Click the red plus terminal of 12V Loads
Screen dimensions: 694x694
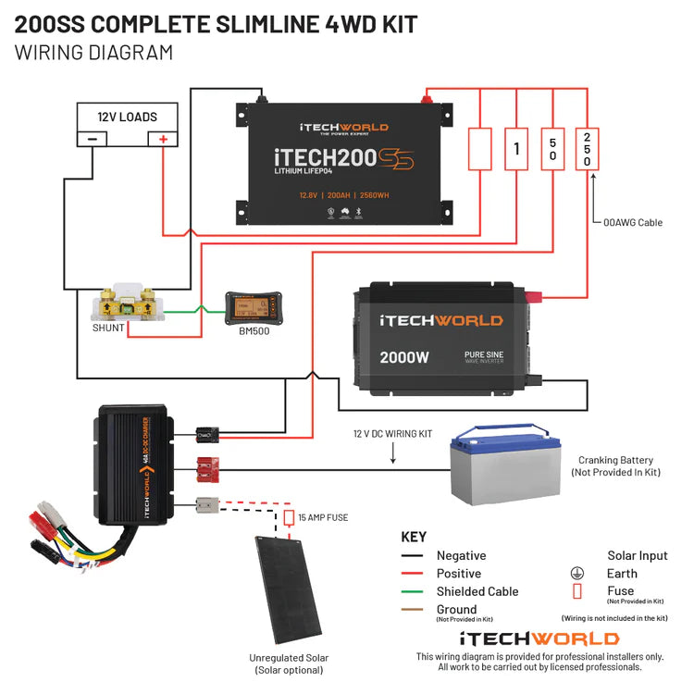(x=164, y=139)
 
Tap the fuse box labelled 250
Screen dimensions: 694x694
(x=587, y=148)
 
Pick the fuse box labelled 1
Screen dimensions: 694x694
(x=516, y=148)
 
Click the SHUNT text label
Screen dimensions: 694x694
(x=108, y=328)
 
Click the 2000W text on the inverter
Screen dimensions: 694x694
(x=403, y=356)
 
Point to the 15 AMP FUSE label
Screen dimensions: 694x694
(x=324, y=517)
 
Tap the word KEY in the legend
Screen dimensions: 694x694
(x=414, y=537)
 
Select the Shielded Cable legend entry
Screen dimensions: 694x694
(x=477, y=591)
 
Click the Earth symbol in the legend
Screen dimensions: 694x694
(x=577, y=574)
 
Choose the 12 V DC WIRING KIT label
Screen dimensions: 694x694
(x=392, y=433)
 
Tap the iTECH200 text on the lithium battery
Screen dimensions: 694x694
(x=315, y=158)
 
